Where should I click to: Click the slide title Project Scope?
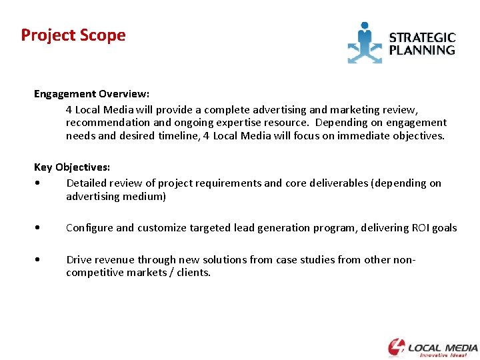(73, 35)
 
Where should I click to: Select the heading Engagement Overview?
(91, 94)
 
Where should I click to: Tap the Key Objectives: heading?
(72, 167)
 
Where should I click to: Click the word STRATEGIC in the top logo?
(422, 38)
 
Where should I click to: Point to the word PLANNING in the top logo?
(422, 50)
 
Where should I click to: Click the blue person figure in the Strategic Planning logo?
(364, 41)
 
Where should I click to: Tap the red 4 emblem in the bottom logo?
(396, 347)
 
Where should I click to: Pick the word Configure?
(89, 228)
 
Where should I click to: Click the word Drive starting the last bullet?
(79, 260)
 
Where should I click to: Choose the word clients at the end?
(192, 273)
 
